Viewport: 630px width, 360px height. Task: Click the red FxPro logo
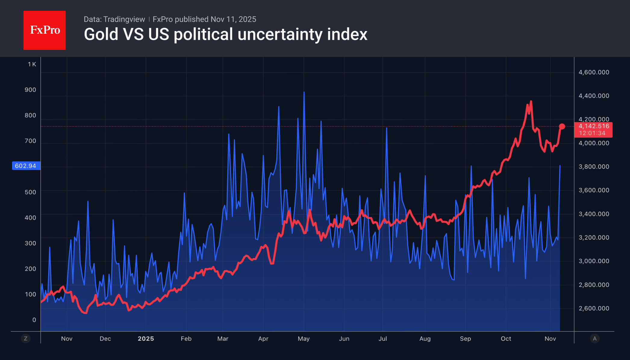[x=45, y=30]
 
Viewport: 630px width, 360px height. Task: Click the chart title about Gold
[x=225, y=34]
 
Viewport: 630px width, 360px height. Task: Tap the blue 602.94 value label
[x=26, y=166]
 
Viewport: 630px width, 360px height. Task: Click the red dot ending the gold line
[x=562, y=126]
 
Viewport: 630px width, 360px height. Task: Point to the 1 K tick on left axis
[x=32, y=64]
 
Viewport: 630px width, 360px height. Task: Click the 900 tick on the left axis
[x=30, y=90]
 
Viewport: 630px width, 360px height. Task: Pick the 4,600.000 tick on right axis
[x=594, y=72]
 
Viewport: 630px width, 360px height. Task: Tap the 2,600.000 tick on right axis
[x=594, y=308]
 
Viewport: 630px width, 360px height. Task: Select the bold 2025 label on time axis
[x=146, y=339]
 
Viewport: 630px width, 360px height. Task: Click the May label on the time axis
[x=304, y=339]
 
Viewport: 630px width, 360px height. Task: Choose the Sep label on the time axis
[x=465, y=339]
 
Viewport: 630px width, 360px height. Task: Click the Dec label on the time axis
[x=105, y=339]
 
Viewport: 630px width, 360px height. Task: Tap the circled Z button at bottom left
[x=26, y=339]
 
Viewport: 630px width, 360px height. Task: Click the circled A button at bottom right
[x=594, y=339]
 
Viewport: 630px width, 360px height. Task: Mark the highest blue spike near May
[x=304, y=92]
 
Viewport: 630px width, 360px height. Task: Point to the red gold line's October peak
[x=531, y=101]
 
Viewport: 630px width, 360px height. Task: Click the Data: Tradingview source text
[x=114, y=19]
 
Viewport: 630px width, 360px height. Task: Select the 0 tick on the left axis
[x=34, y=320]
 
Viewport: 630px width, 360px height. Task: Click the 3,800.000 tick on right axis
[x=594, y=166]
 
